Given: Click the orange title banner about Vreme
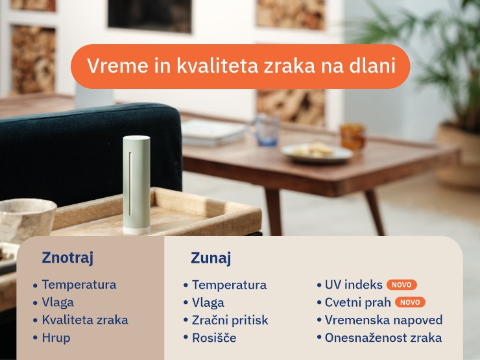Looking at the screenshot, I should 240,66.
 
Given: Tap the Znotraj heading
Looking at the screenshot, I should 67,258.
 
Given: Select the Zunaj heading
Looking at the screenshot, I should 211,258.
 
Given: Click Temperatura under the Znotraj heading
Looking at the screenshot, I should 78,284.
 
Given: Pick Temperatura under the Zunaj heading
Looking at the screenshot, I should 229,285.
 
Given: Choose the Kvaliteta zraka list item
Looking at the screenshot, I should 84,320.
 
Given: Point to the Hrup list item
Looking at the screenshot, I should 56,337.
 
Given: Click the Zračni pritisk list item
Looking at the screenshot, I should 230,320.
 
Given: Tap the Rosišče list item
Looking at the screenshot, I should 214,337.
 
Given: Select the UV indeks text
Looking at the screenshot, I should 354,285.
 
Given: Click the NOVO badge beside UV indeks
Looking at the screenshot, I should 402,285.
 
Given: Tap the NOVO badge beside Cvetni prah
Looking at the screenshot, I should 410,302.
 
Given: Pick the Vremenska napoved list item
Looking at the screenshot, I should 383,320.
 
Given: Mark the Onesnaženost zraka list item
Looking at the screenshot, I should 383,337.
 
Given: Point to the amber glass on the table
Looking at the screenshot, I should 352,136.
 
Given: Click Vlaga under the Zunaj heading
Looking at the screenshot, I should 208,302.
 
